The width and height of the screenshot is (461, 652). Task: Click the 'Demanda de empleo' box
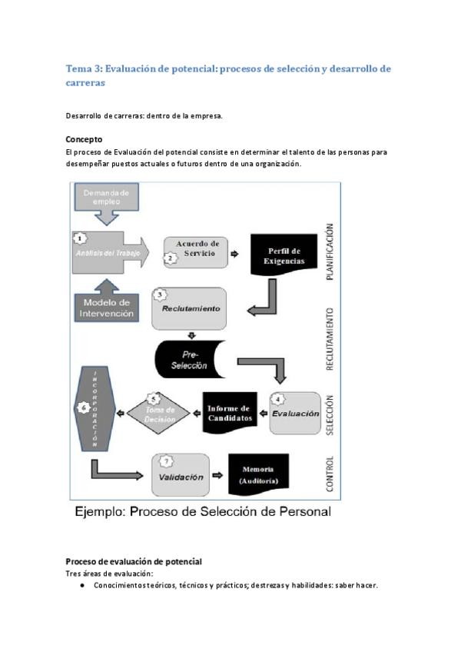[106, 198]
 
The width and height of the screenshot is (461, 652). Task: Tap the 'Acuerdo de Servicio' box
[197, 251]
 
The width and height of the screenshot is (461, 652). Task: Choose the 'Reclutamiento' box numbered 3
[190, 308]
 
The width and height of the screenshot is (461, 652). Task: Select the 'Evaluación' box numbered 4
[295, 413]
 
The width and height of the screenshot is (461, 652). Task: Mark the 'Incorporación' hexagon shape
[95, 408]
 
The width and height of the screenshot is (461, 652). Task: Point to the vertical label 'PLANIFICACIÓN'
[330, 252]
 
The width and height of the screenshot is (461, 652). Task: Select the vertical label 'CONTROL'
[330, 474]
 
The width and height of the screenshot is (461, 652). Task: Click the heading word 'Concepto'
[84, 140]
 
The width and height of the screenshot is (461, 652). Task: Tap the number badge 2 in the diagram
[171, 259]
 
